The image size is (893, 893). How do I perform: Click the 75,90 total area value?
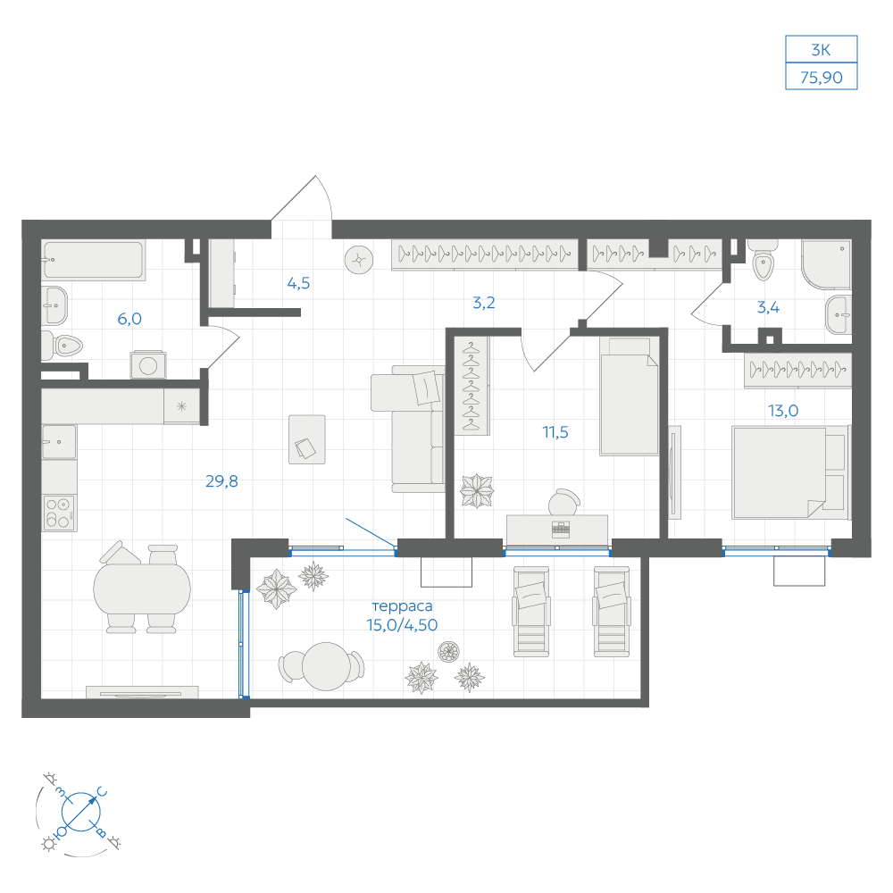[x=821, y=78]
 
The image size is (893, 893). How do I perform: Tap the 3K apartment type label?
[x=821, y=50]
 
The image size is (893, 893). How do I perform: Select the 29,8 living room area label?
[x=221, y=481]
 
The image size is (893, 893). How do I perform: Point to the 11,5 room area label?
[x=555, y=432]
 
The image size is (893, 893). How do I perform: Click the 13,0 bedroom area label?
[x=783, y=411]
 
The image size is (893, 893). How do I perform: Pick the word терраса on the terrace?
[x=402, y=606]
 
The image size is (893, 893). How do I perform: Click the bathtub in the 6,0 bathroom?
[x=94, y=260]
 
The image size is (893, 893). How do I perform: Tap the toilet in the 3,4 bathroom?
[x=763, y=261]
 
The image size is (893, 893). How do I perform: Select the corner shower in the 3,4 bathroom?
[x=826, y=263]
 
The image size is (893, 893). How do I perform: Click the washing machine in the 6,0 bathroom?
[x=148, y=365]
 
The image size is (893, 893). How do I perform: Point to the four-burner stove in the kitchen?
[x=59, y=513]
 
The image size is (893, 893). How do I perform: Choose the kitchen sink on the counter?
[x=59, y=442]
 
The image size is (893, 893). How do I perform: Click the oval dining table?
[x=142, y=588]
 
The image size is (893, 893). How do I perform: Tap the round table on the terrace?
[x=326, y=666]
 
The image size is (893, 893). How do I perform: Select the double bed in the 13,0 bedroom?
[x=790, y=472]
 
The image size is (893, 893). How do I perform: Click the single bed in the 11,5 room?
[x=629, y=396]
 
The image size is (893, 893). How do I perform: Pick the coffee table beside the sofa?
[x=307, y=439]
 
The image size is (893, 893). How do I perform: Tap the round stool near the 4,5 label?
[x=359, y=260]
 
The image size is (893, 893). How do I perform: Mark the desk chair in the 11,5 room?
[x=563, y=502]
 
